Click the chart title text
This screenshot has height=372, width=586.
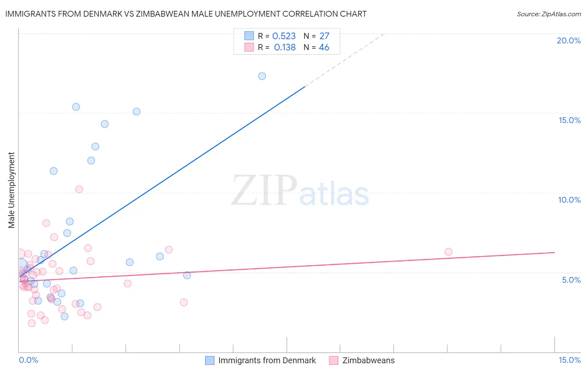click(x=186, y=14)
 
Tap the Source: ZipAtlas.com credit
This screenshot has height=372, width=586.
click(x=548, y=14)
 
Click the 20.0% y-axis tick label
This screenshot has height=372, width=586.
click(x=568, y=40)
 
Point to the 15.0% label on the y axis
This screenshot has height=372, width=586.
click(x=569, y=120)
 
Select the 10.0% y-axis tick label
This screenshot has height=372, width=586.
click(x=569, y=200)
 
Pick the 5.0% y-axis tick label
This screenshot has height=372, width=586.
click(x=571, y=280)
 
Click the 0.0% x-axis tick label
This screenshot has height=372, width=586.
click(x=28, y=360)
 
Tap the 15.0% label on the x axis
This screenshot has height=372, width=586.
click(x=569, y=360)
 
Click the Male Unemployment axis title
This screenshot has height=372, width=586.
click(x=12, y=190)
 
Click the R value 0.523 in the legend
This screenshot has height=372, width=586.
click(x=284, y=36)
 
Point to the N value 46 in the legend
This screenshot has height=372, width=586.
click(x=324, y=48)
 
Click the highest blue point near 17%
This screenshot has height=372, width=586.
click(x=262, y=76)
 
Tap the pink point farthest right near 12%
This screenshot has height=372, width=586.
click(x=448, y=251)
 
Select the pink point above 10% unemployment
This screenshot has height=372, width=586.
click(x=79, y=189)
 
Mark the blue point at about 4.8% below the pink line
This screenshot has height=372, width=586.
click(x=187, y=275)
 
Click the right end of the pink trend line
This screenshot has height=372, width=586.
click(x=554, y=252)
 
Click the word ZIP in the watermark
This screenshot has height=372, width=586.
click(x=263, y=191)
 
